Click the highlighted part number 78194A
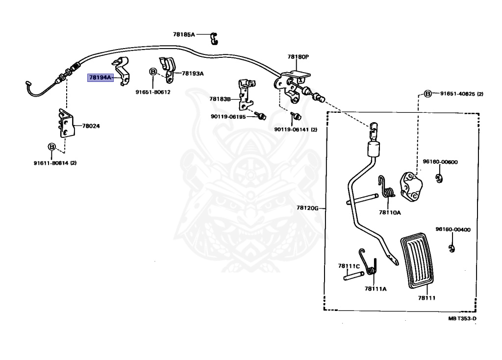[100, 77]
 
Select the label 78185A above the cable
[184, 34]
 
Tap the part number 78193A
[193, 74]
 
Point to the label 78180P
[298, 57]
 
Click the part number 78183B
[220, 99]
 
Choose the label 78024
[91, 126]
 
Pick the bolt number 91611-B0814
[51, 163]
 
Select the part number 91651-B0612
[153, 92]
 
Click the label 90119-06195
[228, 117]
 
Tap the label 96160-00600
[440, 162]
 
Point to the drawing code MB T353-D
[462, 318]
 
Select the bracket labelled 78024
[66, 123]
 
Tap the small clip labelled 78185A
[214, 38]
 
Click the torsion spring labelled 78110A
[386, 187]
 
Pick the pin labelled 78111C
[354, 276]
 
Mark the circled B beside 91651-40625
[428, 94]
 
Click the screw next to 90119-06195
[260, 115]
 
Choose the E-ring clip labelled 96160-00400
[452, 248]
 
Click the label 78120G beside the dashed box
[307, 208]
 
